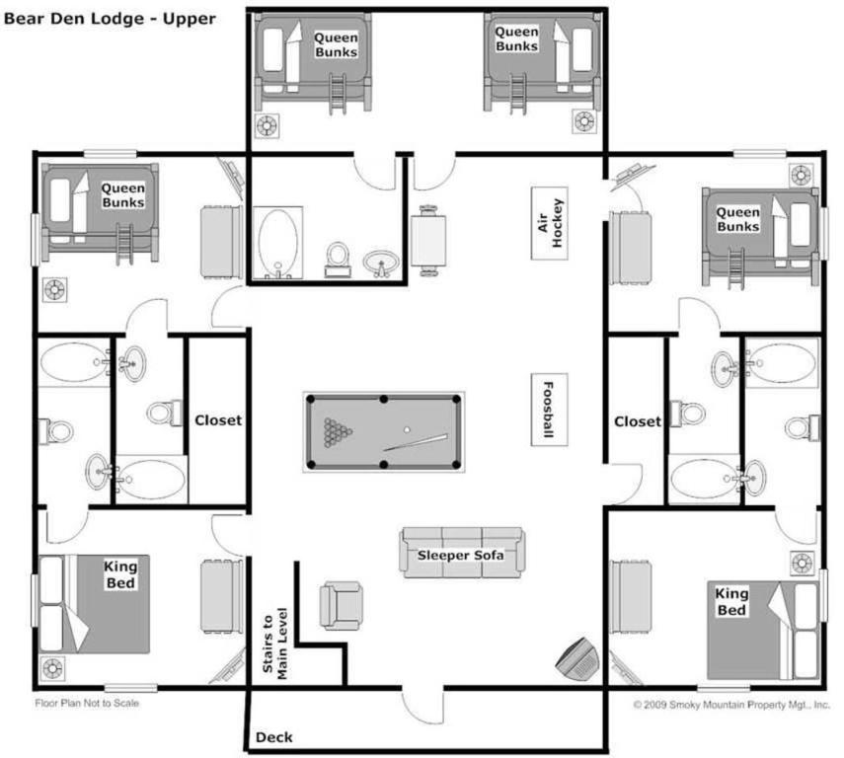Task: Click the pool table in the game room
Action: (x=383, y=431)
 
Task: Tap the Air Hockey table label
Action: (x=550, y=223)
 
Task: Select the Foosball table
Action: (x=550, y=410)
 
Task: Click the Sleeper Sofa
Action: (x=462, y=553)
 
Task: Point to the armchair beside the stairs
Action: (x=341, y=606)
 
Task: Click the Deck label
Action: (x=274, y=737)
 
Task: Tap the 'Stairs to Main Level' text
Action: (x=275, y=644)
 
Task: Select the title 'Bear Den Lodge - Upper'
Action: (x=110, y=19)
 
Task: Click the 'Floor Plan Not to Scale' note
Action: (x=87, y=703)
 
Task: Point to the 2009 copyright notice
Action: (x=731, y=705)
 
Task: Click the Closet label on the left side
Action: (x=218, y=420)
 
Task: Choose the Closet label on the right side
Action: (x=638, y=421)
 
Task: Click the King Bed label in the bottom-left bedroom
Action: (x=120, y=574)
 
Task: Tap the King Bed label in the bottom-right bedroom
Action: (x=730, y=602)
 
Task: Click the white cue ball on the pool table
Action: (x=407, y=429)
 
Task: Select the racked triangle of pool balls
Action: (x=337, y=432)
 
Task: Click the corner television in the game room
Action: (x=577, y=659)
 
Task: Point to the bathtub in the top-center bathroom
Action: (x=277, y=243)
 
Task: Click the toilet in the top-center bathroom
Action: (x=338, y=260)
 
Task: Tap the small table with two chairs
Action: (x=428, y=241)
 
